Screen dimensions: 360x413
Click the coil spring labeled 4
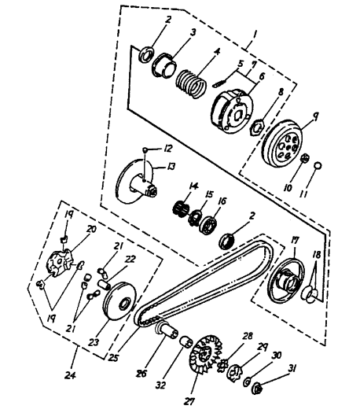191,83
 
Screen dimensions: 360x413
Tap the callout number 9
315,116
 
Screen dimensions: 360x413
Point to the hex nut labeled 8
257,127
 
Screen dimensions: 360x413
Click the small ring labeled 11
318,165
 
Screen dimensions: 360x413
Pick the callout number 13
171,167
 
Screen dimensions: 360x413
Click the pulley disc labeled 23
120,301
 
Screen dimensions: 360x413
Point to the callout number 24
70,374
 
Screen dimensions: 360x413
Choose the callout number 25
113,357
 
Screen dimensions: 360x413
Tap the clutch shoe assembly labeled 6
232,109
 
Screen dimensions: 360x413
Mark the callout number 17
293,242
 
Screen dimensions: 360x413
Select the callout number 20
91,229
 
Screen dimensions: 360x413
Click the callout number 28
247,337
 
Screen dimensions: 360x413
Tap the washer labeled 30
247,382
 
